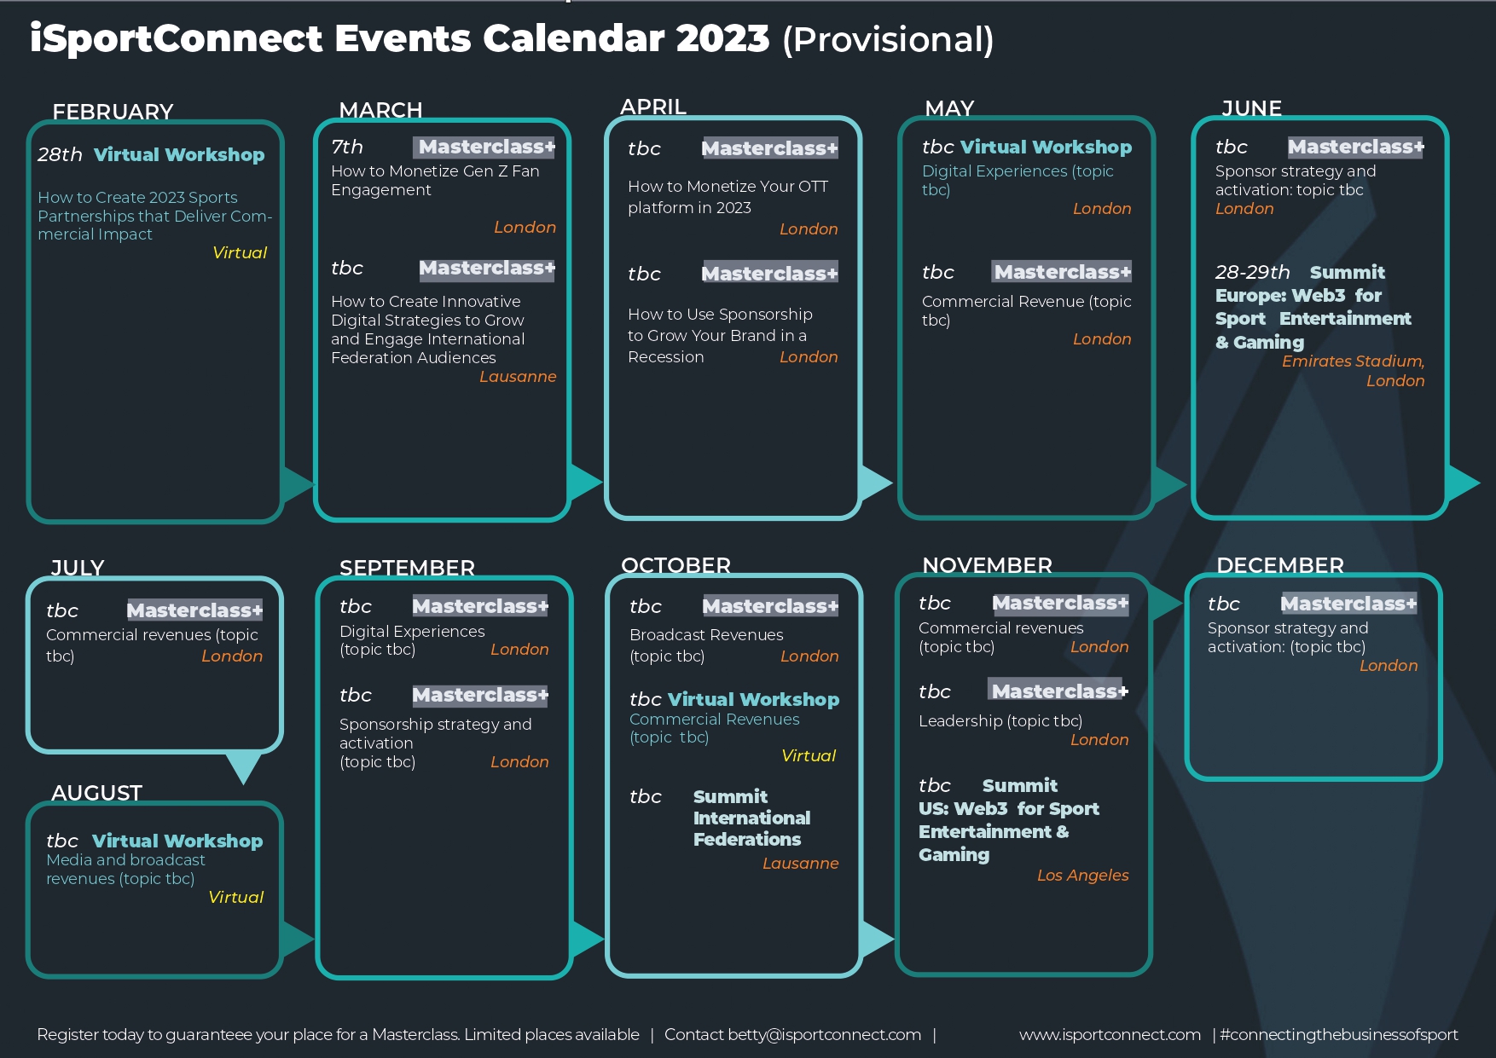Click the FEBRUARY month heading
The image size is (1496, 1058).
(113, 112)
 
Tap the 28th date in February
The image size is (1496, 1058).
(60, 154)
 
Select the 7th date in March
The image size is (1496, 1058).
(347, 147)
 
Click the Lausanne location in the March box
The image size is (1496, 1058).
(518, 376)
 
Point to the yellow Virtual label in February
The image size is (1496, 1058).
(240, 252)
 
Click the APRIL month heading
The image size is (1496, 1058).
(653, 107)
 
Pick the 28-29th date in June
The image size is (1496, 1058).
(1252, 272)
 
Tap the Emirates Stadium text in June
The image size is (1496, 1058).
(1353, 361)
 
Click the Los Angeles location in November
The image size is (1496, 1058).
(1082, 875)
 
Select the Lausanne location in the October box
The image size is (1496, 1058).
(800, 863)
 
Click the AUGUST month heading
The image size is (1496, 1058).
(96, 793)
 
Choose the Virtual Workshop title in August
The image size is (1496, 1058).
(177, 841)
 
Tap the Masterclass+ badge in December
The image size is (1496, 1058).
(1348, 604)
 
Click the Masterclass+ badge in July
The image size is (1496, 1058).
(194, 610)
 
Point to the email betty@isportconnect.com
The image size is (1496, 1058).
(824, 1034)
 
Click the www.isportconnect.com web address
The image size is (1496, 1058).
(1110, 1034)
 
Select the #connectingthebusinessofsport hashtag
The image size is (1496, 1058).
(1339, 1034)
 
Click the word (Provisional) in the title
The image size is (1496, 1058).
(888, 40)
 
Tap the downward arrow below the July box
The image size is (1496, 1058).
(243, 766)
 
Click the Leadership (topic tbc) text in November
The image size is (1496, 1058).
(1000, 720)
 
